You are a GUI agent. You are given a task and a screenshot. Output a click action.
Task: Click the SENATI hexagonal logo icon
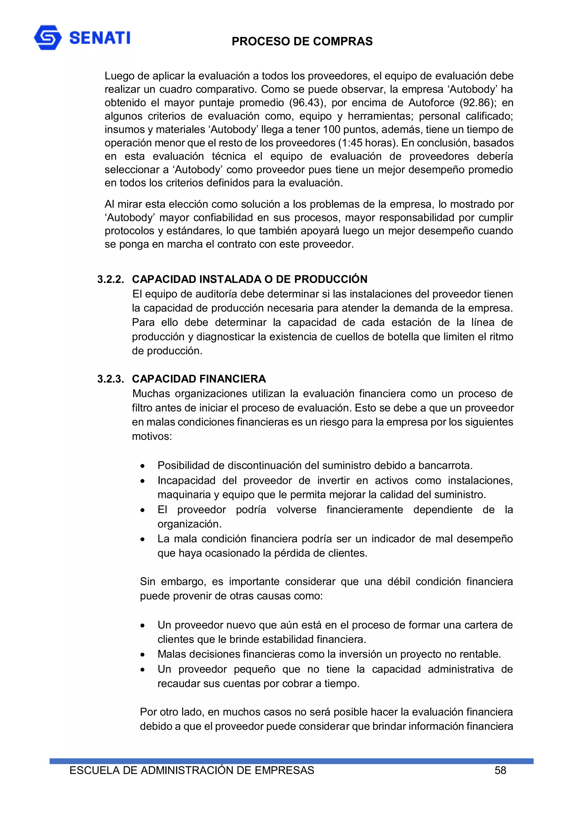pyautogui.click(x=48, y=37)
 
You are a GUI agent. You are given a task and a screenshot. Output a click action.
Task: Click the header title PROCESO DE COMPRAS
pyautogui.click(x=302, y=42)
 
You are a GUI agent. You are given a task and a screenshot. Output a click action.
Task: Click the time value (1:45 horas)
pyautogui.click(x=368, y=143)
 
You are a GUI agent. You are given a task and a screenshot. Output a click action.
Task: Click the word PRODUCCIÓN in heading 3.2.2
pyautogui.click(x=330, y=279)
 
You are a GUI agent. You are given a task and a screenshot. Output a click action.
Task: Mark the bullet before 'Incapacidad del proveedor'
pyautogui.click(x=143, y=481)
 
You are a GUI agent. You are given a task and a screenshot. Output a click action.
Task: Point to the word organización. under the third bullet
pyautogui.click(x=189, y=524)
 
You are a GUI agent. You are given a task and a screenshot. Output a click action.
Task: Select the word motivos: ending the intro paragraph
pyautogui.click(x=152, y=437)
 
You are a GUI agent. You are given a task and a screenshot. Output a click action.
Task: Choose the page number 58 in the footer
pyautogui.click(x=500, y=771)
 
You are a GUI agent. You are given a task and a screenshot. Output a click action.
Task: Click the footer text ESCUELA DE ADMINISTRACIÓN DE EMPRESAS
pyautogui.click(x=192, y=771)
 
